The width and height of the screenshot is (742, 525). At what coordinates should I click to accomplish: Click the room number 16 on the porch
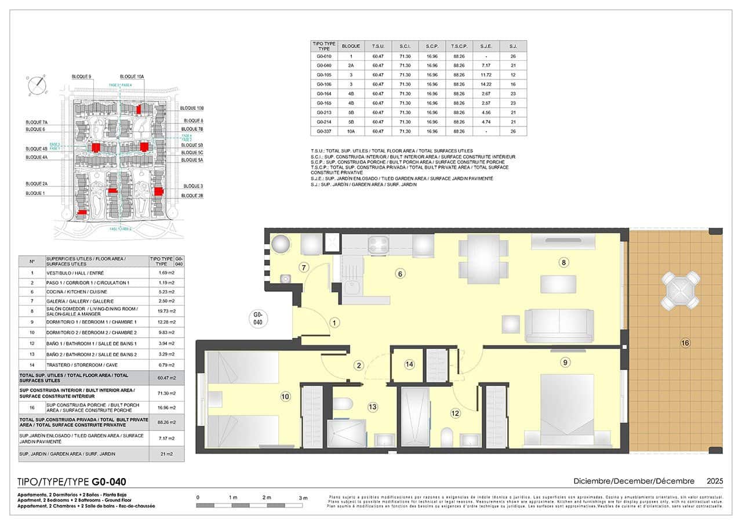click(685, 343)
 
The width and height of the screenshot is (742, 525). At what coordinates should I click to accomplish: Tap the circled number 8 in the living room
click(563, 263)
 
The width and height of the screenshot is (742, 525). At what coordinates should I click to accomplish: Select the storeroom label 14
click(410, 364)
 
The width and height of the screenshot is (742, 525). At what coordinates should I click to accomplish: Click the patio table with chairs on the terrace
click(681, 290)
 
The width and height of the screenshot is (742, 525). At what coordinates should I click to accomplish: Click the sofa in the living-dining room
click(559, 325)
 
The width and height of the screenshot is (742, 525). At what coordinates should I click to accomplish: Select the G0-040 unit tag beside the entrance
click(259, 318)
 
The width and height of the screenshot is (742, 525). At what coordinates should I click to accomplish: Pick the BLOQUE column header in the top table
click(351, 46)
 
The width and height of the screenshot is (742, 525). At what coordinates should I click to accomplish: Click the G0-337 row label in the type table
click(324, 131)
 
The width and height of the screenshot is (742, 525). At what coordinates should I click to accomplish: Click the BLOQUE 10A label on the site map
click(132, 77)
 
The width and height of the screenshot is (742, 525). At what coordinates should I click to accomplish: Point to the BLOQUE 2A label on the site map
click(37, 183)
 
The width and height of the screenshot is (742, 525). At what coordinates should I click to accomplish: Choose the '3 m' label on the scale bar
click(303, 498)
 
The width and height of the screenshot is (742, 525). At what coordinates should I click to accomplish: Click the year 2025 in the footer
click(715, 481)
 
